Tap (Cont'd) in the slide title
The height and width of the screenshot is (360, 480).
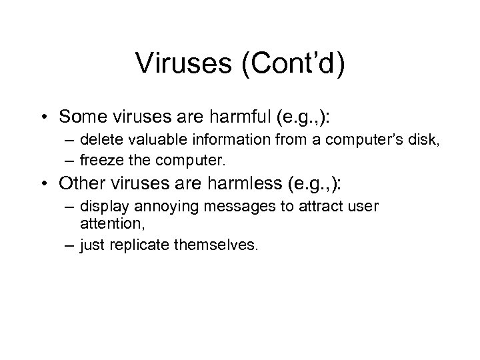tap(295, 65)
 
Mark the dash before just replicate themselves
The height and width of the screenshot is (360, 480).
tap(71, 245)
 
